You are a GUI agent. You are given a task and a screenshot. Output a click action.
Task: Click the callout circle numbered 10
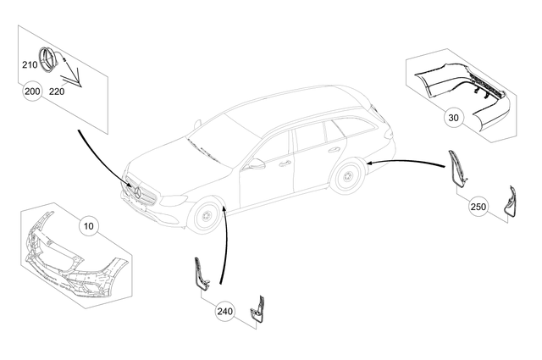click(x=89, y=225)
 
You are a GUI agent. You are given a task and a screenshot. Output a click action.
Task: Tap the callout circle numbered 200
click(x=33, y=91)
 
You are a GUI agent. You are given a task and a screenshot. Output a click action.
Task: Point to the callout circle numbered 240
click(x=224, y=312)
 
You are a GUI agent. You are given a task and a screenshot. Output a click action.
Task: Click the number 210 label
click(x=30, y=64)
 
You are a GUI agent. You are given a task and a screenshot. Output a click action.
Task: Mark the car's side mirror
click(x=255, y=163)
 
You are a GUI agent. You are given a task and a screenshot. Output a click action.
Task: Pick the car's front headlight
click(x=174, y=200)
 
